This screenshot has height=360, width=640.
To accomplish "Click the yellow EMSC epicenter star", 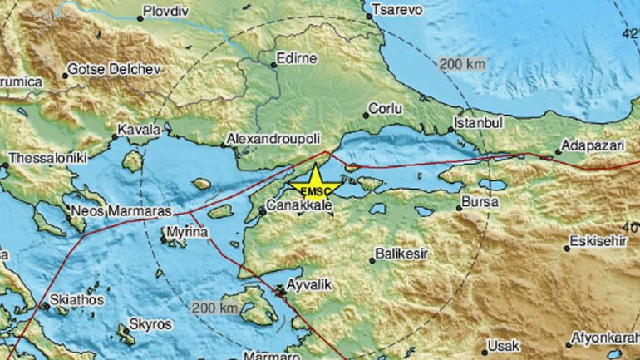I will pos(315,179).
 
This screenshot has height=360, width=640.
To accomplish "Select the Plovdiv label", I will pos(165,11).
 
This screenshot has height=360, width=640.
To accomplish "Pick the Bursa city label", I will pos(484,203).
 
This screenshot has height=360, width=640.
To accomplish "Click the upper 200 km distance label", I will pos(462,63).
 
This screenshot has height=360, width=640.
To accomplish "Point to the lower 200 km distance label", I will pos(214,308).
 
